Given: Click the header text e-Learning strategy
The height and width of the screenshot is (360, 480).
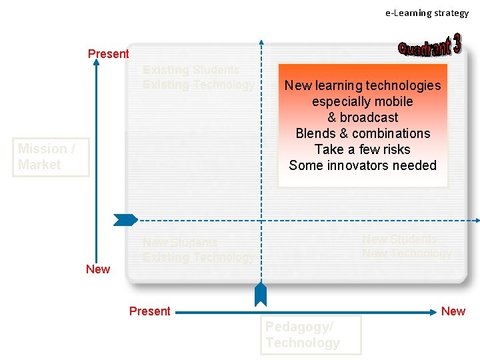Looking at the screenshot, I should (427, 13).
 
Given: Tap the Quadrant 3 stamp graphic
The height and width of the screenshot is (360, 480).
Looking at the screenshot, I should (430, 47).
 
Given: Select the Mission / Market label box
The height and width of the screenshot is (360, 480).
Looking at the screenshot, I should (50, 157).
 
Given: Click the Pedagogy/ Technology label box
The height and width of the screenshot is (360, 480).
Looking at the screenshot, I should (310, 335).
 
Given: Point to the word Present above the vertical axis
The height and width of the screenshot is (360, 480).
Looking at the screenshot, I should (108, 54).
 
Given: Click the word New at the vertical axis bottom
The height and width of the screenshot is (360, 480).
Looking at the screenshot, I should (98, 269).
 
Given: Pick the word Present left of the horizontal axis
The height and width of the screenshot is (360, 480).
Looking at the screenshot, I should (149, 311).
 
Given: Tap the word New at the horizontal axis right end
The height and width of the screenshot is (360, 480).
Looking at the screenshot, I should (453, 311).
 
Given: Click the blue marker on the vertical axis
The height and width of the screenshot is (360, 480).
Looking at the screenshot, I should (125, 219).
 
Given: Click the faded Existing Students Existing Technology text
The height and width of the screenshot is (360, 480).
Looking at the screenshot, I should (198, 77).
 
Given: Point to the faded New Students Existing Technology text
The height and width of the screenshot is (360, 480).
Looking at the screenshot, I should (198, 250).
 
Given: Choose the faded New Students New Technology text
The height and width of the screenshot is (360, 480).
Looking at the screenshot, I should (407, 246).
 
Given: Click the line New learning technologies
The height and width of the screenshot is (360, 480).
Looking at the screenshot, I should (363, 85).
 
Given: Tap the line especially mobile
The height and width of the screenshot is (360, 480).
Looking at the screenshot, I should (363, 101).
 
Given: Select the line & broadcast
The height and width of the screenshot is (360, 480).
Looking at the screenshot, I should (363, 117).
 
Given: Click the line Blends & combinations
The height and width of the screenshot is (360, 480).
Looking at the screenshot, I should (363, 133).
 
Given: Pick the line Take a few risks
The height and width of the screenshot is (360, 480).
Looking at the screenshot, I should (363, 149).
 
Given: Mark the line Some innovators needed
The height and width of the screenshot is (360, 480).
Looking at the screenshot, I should (363, 165).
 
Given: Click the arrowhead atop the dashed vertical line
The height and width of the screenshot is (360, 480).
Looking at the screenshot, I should (261, 42).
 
